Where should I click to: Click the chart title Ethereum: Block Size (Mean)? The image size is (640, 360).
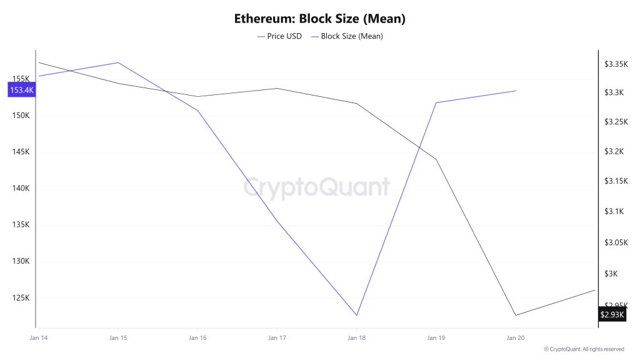(319, 18)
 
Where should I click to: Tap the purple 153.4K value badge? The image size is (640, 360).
(21, 90)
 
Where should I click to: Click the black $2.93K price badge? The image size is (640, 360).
(612, 314)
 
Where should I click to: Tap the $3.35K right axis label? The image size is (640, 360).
(615, 64)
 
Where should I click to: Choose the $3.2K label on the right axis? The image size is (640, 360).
(615, 152)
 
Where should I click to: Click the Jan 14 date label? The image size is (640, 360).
(38, 337)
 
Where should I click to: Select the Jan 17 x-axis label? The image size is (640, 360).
(277, 337)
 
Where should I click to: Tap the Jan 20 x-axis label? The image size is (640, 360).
(516, 337)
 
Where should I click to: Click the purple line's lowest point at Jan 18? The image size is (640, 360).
(357, 315)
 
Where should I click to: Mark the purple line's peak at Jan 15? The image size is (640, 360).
(118, 62)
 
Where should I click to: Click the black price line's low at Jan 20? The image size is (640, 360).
(516, 315)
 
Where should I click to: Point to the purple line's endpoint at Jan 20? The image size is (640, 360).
(516, 91)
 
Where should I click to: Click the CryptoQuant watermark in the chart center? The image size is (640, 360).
(316, 187)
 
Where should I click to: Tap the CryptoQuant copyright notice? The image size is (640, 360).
(584, 349)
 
